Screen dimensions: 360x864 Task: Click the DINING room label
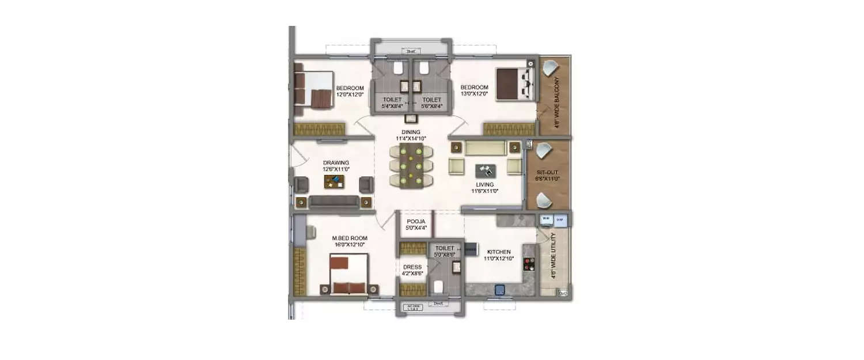pos(411,132)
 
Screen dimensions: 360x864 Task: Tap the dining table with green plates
pos(411,165)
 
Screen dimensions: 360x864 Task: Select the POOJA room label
pos(416,221)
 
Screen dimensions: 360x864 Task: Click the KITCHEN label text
pos(498,252)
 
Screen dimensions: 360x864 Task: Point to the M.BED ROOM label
pos(349,238)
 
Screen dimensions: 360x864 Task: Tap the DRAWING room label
pos(336,163)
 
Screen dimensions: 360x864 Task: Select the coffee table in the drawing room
pos(334,182)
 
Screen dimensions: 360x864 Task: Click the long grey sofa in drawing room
pos(334,202)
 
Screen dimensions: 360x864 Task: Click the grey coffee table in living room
pos(486,170)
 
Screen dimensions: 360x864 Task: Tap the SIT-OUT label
pos(547,172)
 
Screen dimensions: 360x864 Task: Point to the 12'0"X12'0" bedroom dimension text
pos(350,94)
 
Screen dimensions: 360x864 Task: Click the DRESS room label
pos(412,267)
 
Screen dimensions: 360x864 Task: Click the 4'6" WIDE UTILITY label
pos(554,256)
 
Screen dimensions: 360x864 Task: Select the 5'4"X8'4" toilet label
pos(392,106)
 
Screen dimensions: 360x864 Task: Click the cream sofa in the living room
pos(485,149)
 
